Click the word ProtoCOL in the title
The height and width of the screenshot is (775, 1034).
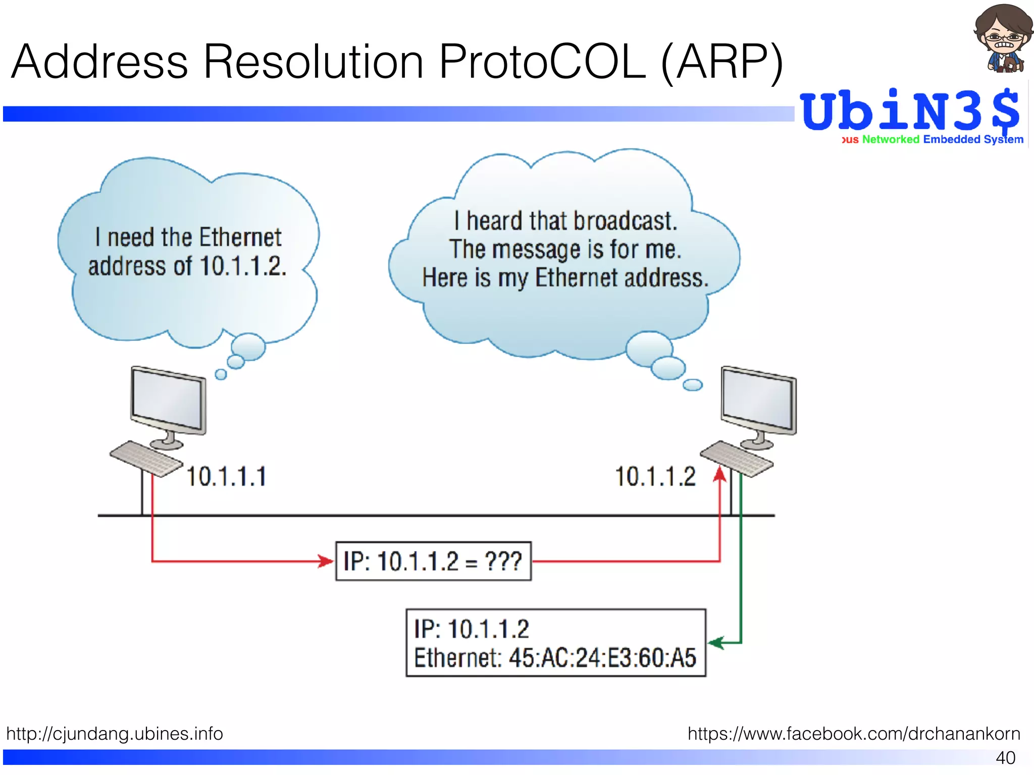click(542, 62)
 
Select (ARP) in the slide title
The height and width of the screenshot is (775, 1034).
click(722, 62)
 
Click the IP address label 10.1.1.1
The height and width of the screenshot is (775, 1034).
click(226, 477)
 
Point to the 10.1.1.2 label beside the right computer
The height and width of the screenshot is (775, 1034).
click(655, 477)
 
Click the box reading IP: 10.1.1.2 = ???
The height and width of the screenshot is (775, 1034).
click(433, 561)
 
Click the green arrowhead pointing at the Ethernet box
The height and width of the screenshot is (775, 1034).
click(715, 643)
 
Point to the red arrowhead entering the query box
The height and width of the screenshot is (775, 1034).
click(326, 561)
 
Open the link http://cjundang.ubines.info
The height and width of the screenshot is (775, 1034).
click(115, 733)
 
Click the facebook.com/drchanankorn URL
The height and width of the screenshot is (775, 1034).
click(854, 733)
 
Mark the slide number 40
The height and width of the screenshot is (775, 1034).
click(1005, 757)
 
